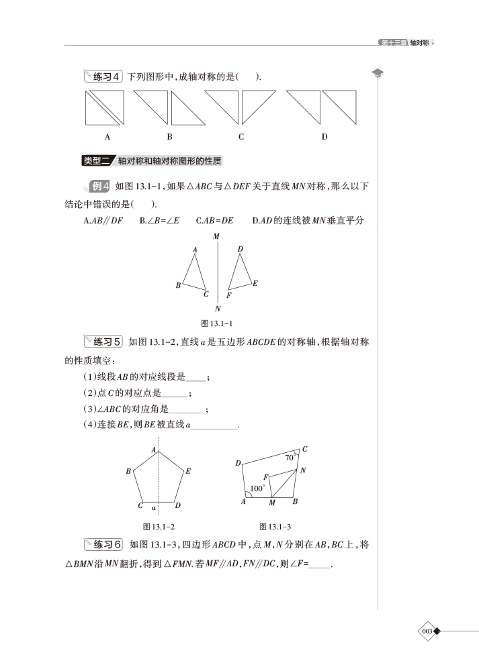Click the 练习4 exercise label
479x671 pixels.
pyautogui.click(x=103, y=77)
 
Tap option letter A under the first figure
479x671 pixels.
pyautogui.click(x=107, y=137)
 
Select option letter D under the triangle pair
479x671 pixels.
pyautogui.click(x=324, y=137)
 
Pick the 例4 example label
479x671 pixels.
pyautogui.click(x=99, y=186)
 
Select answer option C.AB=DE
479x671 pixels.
pyautogui.click(x=214, y=220)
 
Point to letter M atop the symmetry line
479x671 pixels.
pyautogui.click(x=216, y=236)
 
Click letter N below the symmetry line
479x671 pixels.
pyautogui.click(x=218, y=309)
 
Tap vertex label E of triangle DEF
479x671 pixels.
pyautogui.click(x=255, y=283)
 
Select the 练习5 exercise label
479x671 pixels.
pyautogui.click(x=103, y=342)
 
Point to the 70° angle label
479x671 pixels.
pyautogui.click(x=289, y=458)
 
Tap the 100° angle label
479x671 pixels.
pyautogui.click(x=257, y=488)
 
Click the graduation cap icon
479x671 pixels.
pyautogui.click(x=378, y=73)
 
